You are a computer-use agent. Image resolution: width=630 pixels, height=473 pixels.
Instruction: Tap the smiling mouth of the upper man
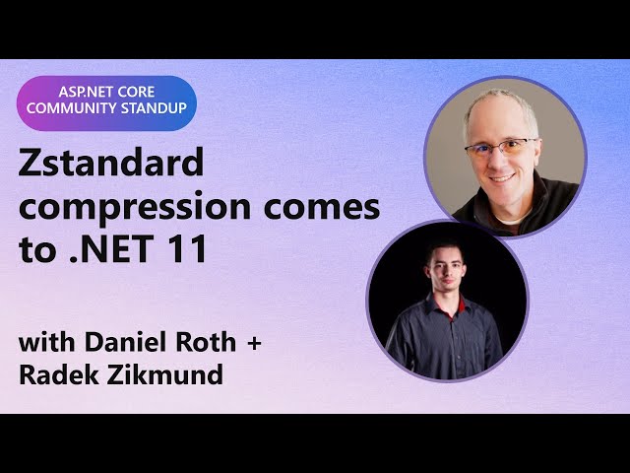[503, 178]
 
